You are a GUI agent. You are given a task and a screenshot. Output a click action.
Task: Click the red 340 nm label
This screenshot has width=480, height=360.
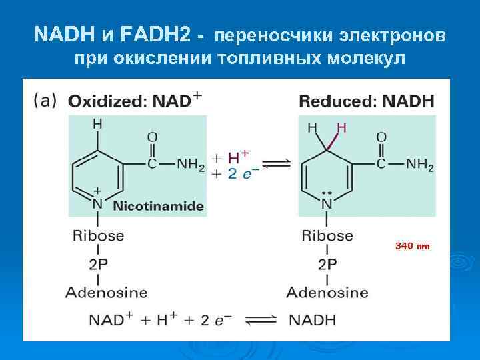tap(413, 246)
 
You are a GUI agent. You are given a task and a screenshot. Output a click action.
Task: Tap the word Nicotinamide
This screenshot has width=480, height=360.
tap(159, 206)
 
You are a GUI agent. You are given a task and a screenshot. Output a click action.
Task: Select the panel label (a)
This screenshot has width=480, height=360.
tap(45, 101)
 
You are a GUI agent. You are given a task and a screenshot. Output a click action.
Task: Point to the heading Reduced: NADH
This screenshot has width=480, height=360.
tap(366, 101)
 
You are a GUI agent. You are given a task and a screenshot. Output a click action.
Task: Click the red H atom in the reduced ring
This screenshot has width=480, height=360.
tap(341, 127)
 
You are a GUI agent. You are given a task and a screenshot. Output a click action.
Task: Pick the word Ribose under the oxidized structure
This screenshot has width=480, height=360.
tap(99, 235)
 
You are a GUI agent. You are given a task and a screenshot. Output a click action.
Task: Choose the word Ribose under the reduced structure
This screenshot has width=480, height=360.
tap(327, 235)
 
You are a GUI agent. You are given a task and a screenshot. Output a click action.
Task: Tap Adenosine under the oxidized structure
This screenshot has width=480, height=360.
tap(107, 292)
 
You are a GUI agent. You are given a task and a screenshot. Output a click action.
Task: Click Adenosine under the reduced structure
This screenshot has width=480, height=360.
tap(327, 292)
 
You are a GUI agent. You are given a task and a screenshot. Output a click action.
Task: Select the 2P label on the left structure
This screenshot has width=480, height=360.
tap(98, 264)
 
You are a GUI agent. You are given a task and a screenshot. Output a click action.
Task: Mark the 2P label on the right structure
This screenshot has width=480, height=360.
tap(327, 264)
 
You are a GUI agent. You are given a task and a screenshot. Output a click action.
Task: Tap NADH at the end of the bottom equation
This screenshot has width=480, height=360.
tap(313, 321)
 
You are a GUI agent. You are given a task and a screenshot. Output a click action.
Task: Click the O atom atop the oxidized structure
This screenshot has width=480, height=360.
tap(153, 136)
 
